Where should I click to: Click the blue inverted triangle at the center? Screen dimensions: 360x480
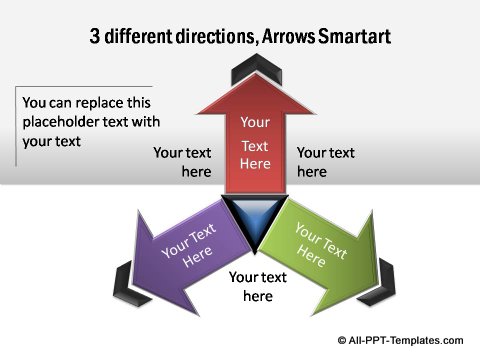coord(254,220)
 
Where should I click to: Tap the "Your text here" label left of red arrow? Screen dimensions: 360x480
coord(182,162)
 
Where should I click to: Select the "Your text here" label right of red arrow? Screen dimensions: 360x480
coord(325,162)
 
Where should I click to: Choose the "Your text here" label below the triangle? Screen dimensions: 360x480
coord(258,287)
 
